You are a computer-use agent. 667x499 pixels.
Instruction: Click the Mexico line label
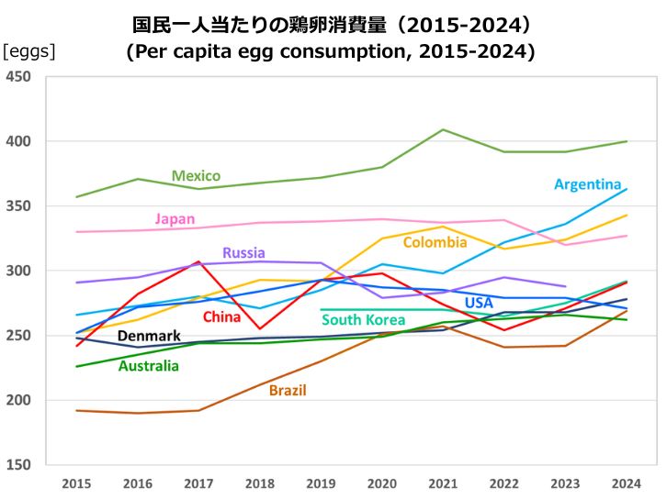pos(196,175)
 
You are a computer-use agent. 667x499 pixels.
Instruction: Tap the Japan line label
pos(175,218)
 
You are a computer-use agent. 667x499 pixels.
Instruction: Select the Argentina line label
pos(588,184)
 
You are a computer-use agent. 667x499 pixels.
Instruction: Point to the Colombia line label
pos(435,243)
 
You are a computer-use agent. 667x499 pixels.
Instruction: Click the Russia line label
pos(243,252)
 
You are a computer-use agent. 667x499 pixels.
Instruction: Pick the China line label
pos(221,317)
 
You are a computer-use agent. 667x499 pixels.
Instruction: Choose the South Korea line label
pos(363,320)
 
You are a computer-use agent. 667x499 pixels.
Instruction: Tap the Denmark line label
pos(149,336)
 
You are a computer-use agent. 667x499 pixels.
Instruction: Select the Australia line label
pos(149,366)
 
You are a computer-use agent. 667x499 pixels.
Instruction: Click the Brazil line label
pos(288,390)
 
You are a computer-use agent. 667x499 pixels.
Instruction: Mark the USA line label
pos(479,303)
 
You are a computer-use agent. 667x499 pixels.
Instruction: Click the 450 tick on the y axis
pos(18,77)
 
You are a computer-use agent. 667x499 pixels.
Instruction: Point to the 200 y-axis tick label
pos(18,400)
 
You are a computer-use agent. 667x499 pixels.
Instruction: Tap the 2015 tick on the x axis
pos(76,482)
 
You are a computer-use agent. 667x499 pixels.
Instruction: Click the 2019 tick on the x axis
pos(321,482)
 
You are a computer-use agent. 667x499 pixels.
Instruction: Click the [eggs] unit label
pos(29,51)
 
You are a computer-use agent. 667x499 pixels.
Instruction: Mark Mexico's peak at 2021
pos(444,129)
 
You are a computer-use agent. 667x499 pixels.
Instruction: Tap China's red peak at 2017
pos(198,261)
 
